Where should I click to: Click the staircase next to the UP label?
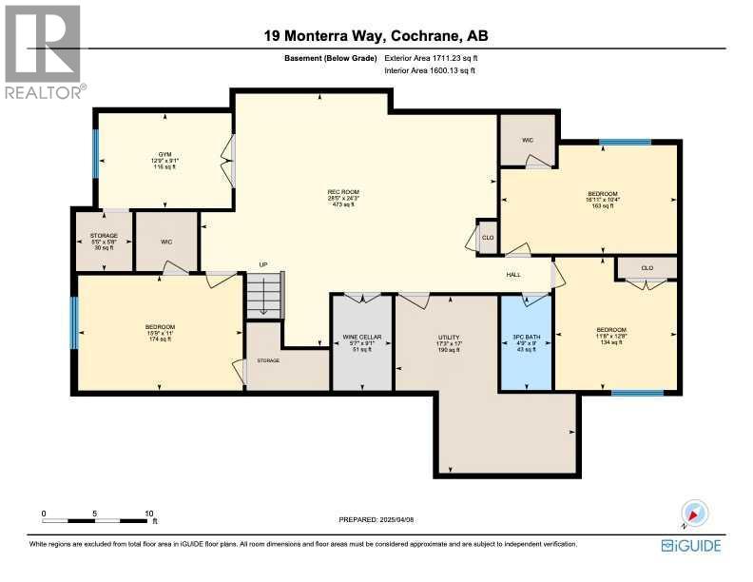(265, 295)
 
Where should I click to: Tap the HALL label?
(513, 274)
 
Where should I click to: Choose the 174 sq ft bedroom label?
(161, 333)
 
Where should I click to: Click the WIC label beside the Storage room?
(166, 242)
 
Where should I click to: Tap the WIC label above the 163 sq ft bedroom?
(528, 140)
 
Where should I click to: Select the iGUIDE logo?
(691, 545)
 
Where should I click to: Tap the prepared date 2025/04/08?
(376, 519)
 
